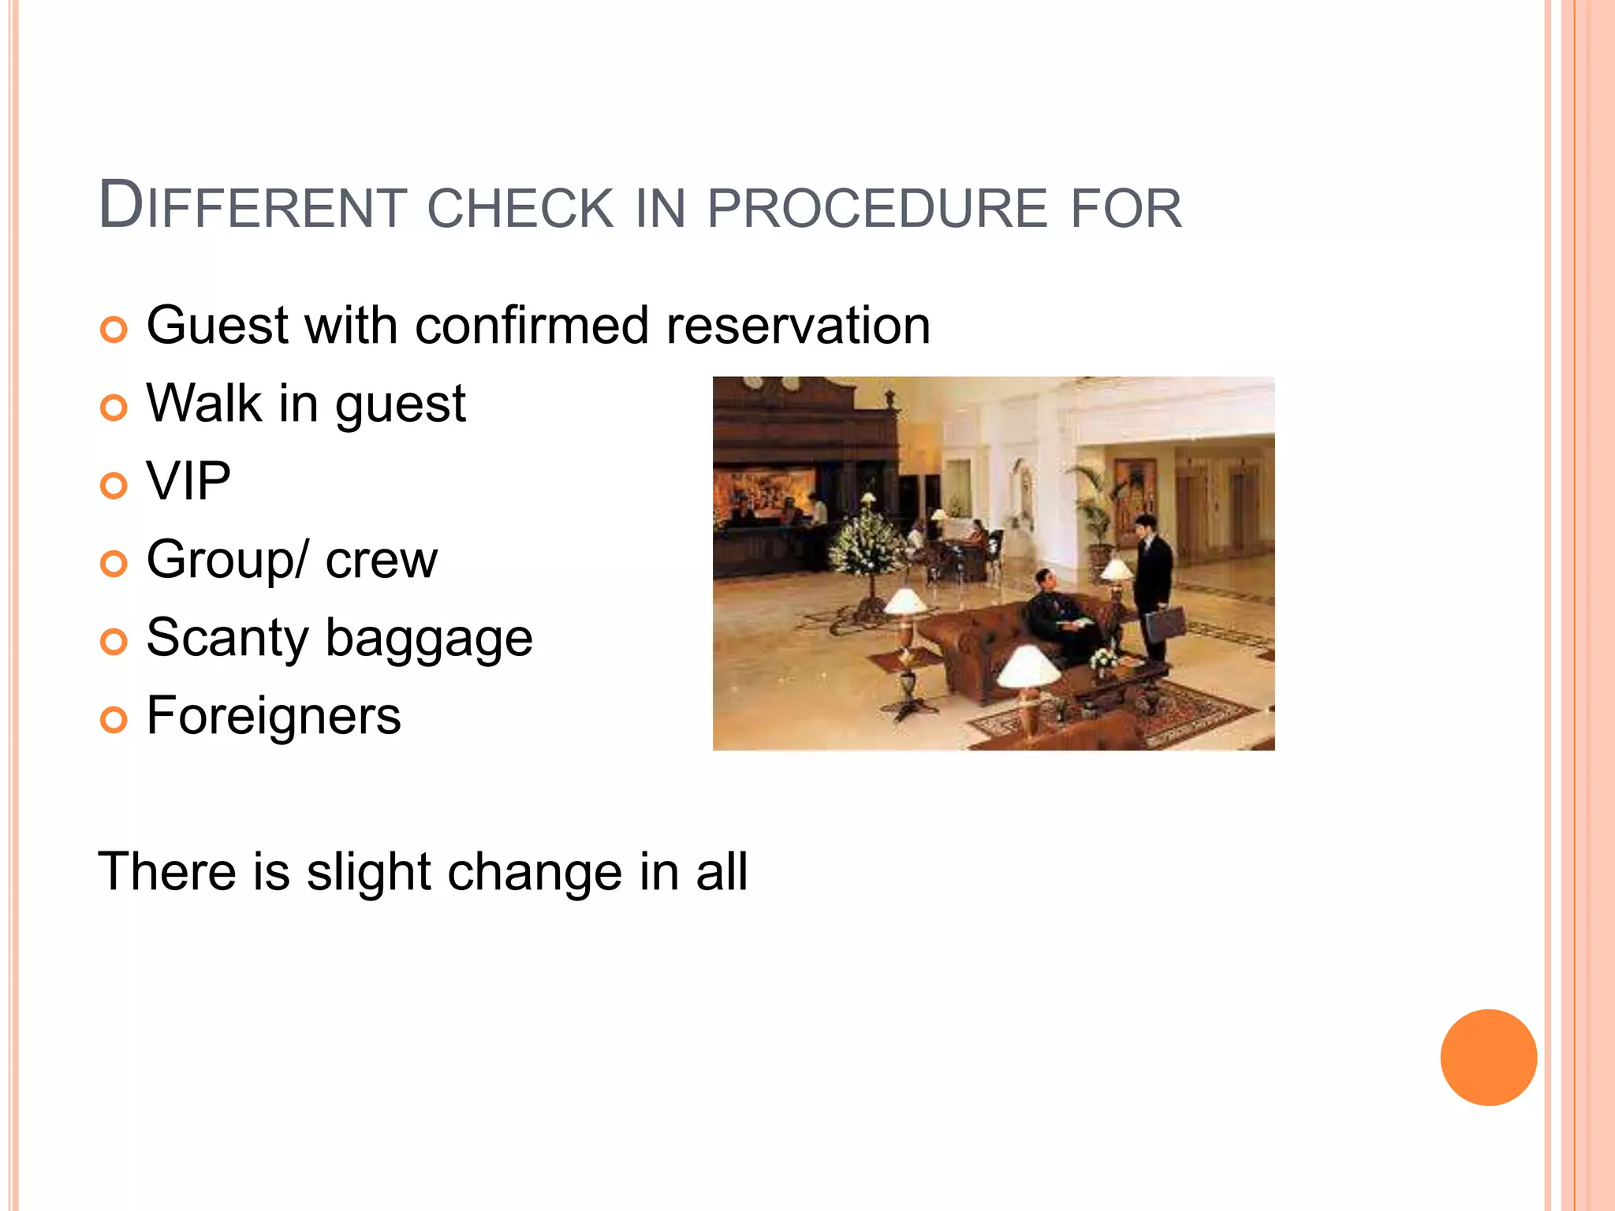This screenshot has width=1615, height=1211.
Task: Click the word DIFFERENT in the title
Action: point(252,207)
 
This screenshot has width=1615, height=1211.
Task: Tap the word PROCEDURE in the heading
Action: point(877,208)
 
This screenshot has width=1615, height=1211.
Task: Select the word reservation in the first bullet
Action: point(798,325)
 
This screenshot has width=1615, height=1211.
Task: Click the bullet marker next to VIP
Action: point(114,485)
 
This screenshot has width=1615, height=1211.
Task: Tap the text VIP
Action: point(188,481)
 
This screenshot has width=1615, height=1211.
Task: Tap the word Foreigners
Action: point(274,716)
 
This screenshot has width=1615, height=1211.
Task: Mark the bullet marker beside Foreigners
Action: point(114,719)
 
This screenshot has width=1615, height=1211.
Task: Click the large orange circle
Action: point(1488,1057)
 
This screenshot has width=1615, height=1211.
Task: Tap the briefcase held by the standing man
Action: point(1165,623)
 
